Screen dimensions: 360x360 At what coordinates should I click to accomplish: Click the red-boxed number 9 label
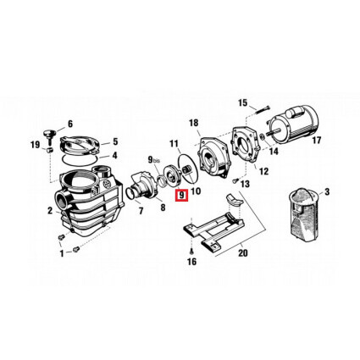(180, 197)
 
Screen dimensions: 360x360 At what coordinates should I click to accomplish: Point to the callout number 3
(329, 194)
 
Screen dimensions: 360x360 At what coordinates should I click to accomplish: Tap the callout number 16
(193, 263)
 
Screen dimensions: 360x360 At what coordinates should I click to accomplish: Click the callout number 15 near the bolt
(243, 103)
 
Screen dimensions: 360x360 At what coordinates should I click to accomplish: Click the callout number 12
(240, 172)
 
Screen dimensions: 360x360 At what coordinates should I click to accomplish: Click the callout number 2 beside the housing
(50, 210)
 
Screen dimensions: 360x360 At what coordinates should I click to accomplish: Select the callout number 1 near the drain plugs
(60, 252)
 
